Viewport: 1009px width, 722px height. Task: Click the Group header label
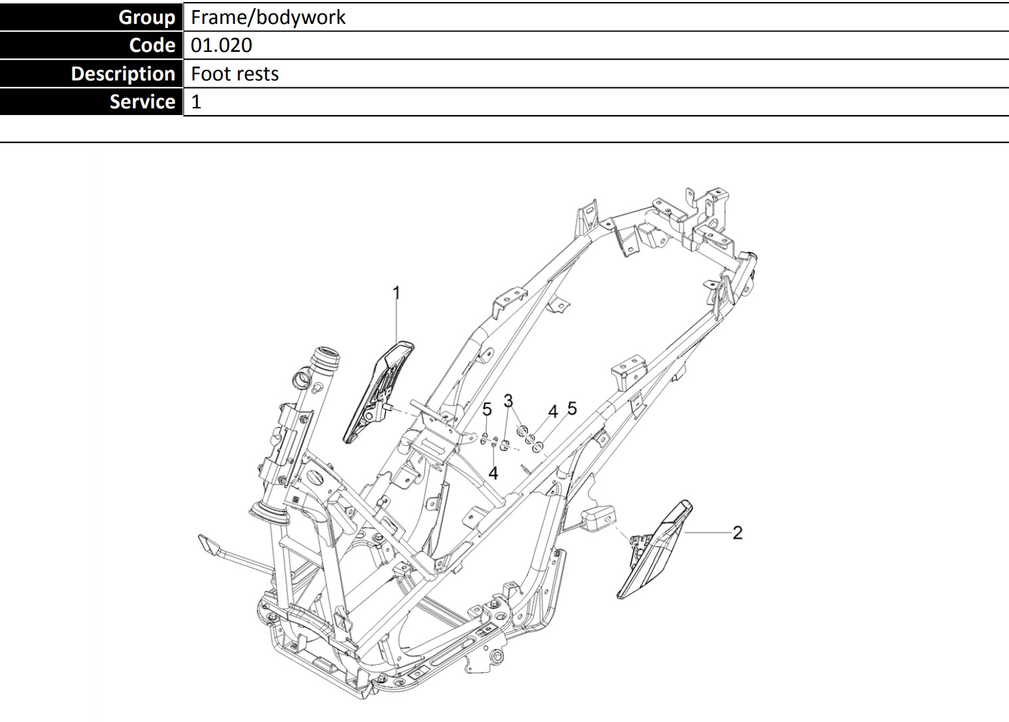(x=146, y=17)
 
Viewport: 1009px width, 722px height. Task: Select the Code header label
(x=152, y=45)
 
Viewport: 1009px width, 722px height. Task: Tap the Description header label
(x=123, y=73)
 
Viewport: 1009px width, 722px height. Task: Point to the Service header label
(x=142, y=102)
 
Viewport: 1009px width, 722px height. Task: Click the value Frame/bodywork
(x=268, y=17)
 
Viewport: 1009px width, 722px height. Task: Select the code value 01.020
(x=221, y=45)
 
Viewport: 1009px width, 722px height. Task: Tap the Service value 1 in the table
(x=196, y=102)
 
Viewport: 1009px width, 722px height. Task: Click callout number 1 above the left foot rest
(x=397, y=293)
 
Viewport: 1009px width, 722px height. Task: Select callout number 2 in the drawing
(x=737, y=533)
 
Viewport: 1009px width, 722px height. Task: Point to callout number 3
(x=508, y=400)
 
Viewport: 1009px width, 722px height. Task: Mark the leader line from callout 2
(x=707, y=533)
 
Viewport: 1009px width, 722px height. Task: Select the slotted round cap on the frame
(x=317, y=480)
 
